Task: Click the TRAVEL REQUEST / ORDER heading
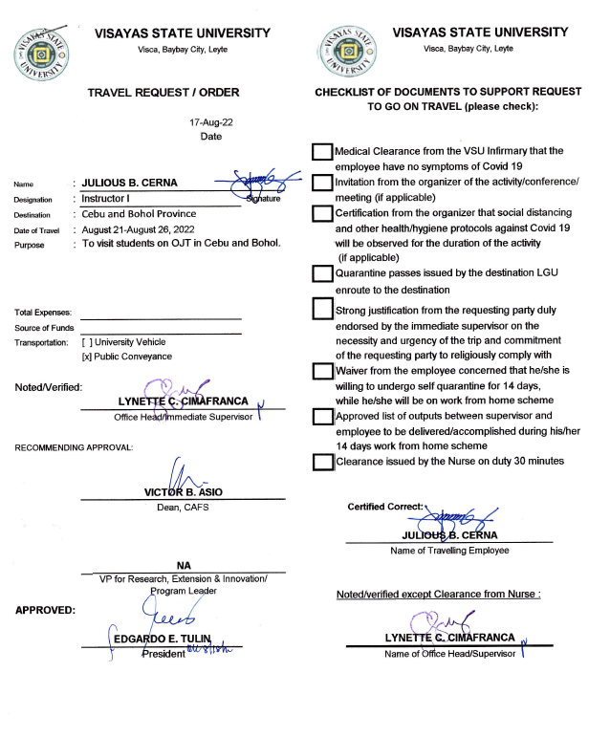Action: click(x=163, y=93)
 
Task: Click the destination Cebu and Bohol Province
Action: click(x=139, y=214)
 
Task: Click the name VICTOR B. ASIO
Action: click(x=183, y=492)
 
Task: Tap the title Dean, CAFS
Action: click(x=183, y=507)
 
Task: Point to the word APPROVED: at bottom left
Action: click(x=46, y=609)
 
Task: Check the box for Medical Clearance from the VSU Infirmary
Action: click(x=322, y=152)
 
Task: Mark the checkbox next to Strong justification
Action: click(x=322, y=310)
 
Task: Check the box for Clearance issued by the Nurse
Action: click(x=322, y=463)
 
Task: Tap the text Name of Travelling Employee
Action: click(x=449, y=550)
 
